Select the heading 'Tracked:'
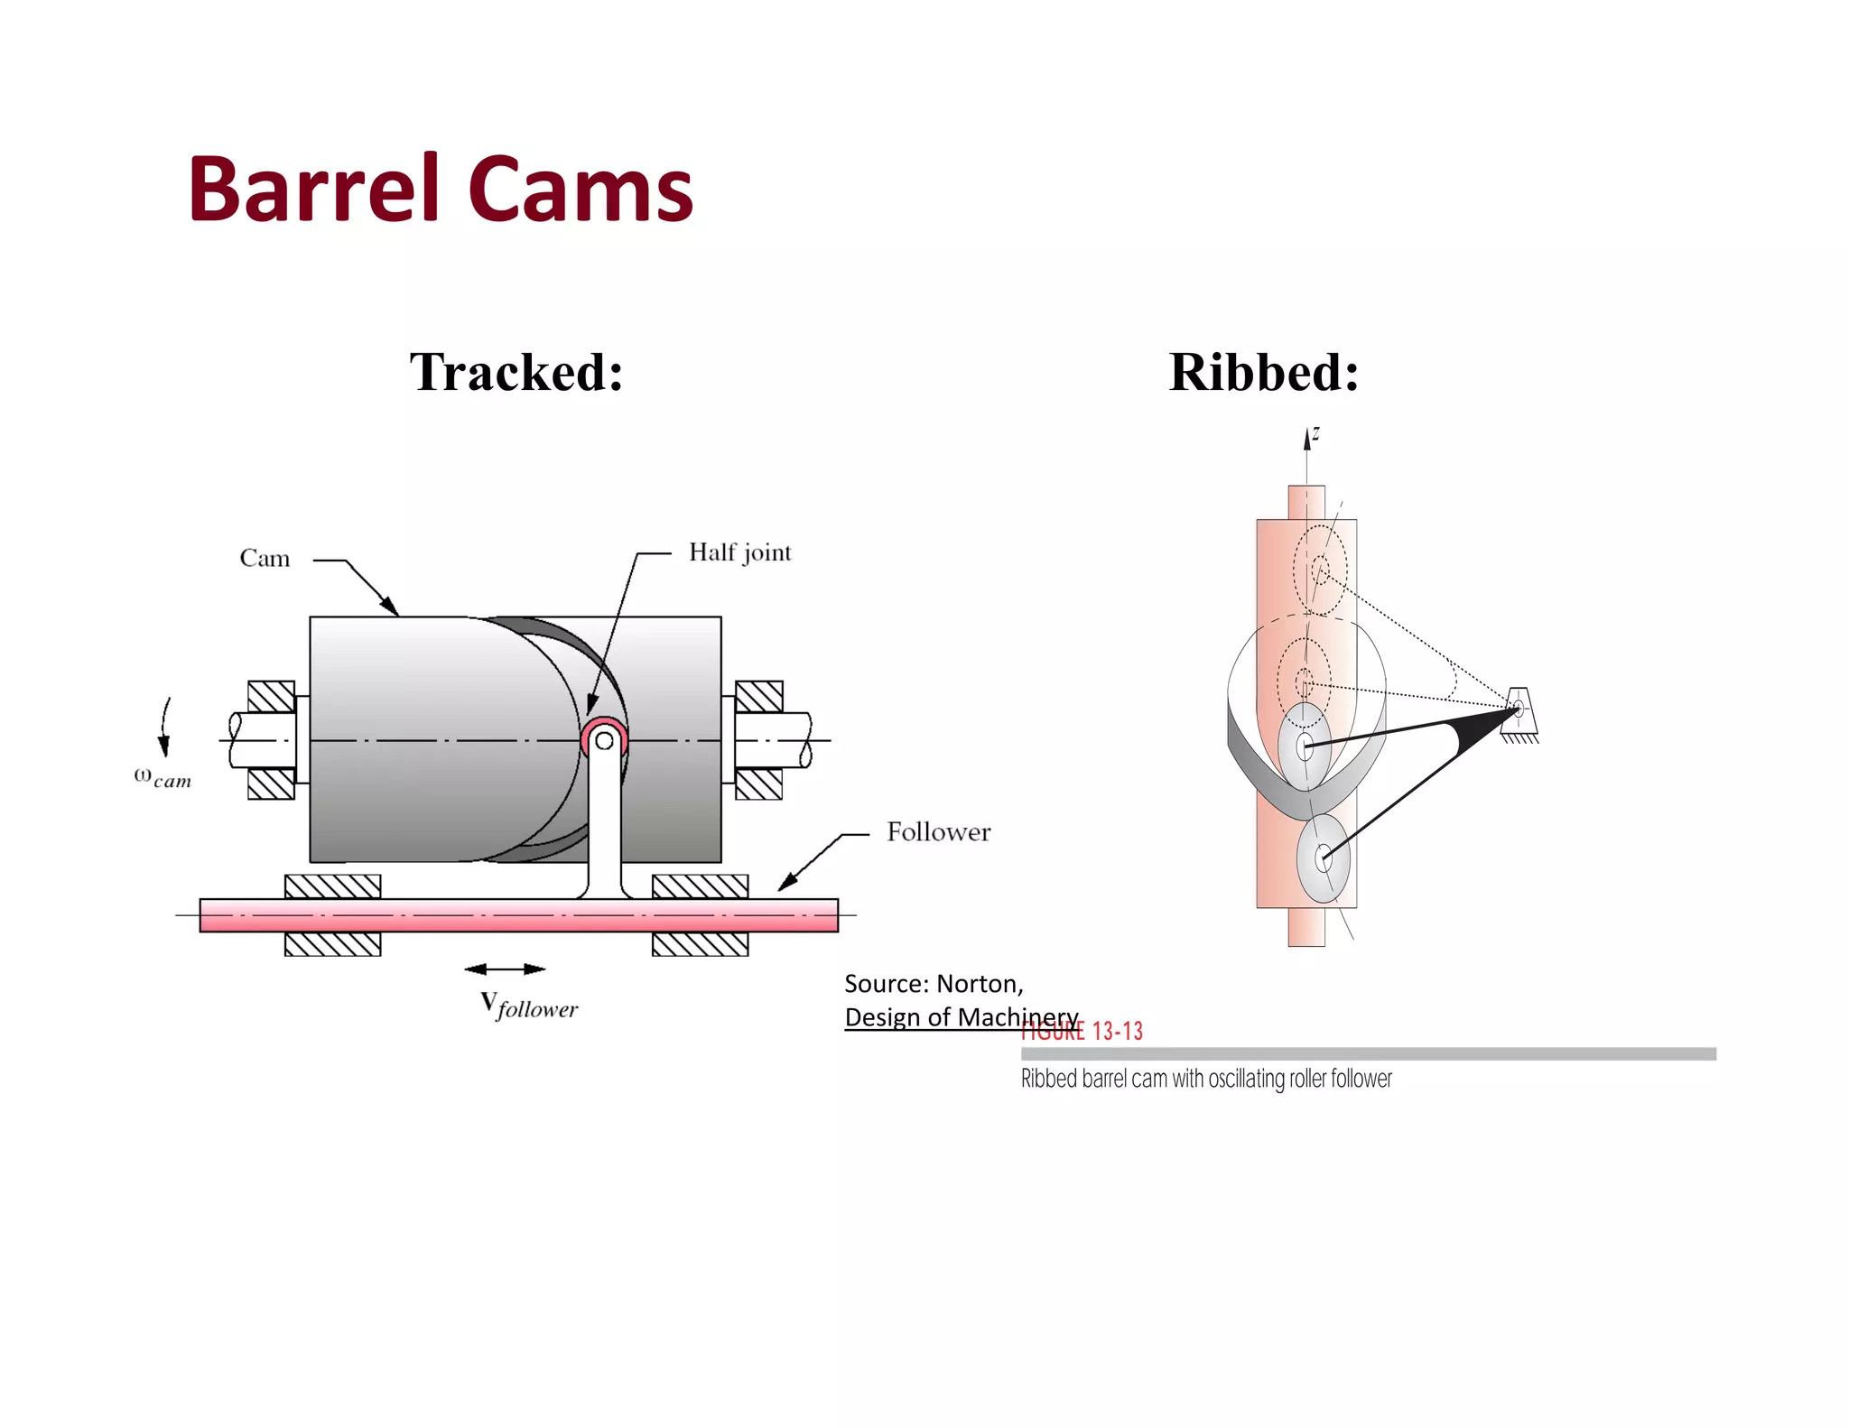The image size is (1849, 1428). [x=516, y=371]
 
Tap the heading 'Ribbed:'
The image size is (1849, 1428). [x=1263, y=371]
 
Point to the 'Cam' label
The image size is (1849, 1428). [x=265, y=558]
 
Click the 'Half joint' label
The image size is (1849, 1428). [x=739, y=552]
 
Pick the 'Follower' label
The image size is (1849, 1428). [x=938, y=831]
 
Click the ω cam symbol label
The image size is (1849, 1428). [x=163, y=777]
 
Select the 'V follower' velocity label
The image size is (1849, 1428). [x=529, y=1005]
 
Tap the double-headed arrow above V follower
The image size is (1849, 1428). [x=505, y=969]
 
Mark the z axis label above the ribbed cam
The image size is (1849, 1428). [x=1316, y=433]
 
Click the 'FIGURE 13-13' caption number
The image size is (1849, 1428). [x=1082, y=1032]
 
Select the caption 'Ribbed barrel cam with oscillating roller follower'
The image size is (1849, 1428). [x=1206, y=1079]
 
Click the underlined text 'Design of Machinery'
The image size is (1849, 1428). [x=961, y=1017]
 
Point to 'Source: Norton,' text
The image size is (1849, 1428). [x=934, y=983]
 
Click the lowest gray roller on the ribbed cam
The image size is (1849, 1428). [x=1323, y=858]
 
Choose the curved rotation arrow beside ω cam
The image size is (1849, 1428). [x=165, y=726]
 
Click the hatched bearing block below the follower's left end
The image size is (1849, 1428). [x=332, y=944]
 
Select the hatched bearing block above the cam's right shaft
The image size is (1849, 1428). [x=758, y=696]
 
